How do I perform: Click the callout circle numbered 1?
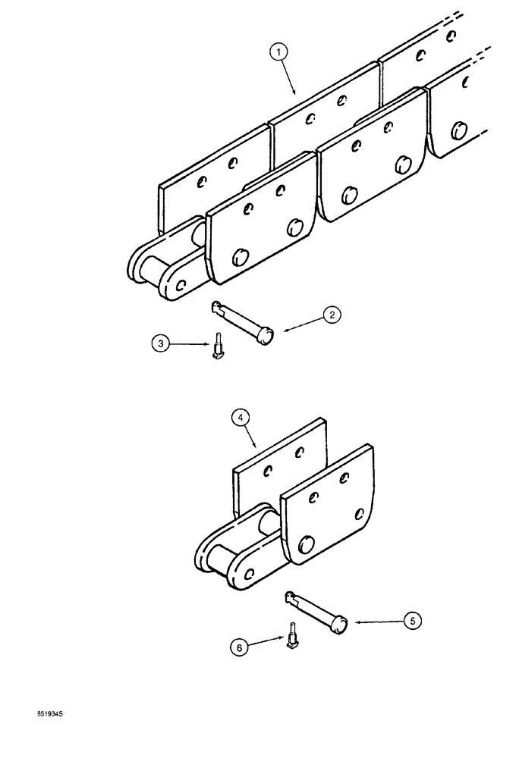click(279, 52)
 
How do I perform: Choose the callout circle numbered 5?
click(411, 622)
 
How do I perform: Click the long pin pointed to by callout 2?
click(241, 321)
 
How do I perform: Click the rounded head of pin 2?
click(266, 334)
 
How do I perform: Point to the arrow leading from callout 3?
click(190, 345)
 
